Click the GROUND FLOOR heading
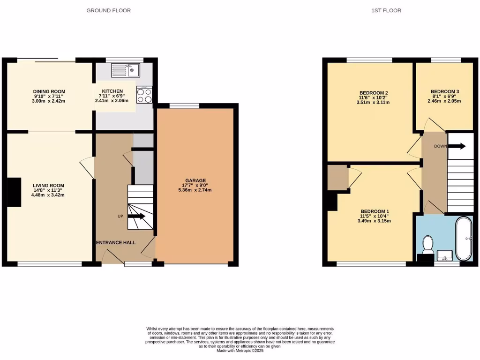(108, 10)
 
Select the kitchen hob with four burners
(144, 95)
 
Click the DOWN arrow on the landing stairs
(457, 146)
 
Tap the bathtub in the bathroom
(465, 238)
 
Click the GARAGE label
(195, 180)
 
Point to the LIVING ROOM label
(48, 185)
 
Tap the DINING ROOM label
(49, 91)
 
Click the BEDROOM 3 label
(445, 91)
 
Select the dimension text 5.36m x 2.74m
(195, 190)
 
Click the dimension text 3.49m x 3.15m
(374, 221)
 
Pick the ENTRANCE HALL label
(116, 243)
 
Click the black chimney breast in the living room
(15, 192)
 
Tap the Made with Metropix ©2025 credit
(240, 351)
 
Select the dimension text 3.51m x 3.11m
(373, 102)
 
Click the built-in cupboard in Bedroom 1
(337, 178)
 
